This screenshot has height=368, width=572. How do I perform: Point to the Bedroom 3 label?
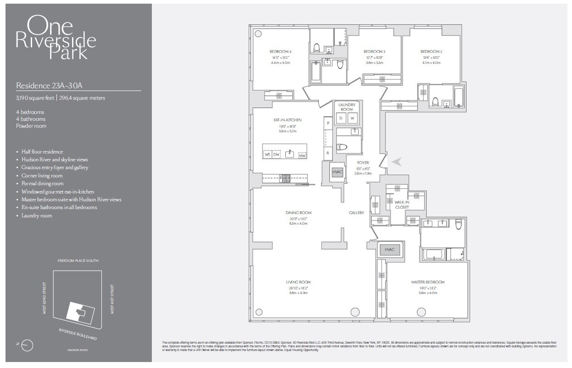[x=374, y=52]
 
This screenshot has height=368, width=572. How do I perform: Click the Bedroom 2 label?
[x=431, y=52]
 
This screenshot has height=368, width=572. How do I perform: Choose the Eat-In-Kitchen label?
[x=287, y=120]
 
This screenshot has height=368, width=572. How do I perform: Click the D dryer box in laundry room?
[x=341, y=118]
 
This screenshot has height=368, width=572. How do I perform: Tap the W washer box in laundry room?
[x=353, y=118]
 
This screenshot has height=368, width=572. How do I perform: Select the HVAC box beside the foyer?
[x=337, y=172]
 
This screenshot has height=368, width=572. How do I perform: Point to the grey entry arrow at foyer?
[x=397, y=161]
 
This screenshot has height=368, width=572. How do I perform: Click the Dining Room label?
[x=299, y=213]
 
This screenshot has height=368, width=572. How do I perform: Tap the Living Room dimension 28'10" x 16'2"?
[x=298, y=288]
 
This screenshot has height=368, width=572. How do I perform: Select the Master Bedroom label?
[x=428, y=282]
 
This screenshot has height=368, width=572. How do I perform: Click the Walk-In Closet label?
[x=402, y=204]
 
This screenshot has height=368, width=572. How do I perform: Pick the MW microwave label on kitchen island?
[x=302, y=155]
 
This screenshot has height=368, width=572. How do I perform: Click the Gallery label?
[x=356, y=213]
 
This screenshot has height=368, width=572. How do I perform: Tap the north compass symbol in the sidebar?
[x=28, y=345]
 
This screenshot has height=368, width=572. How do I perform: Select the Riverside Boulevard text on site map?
[x=78, y=334]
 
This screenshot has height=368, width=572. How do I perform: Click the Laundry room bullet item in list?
[x=37, y=215]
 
